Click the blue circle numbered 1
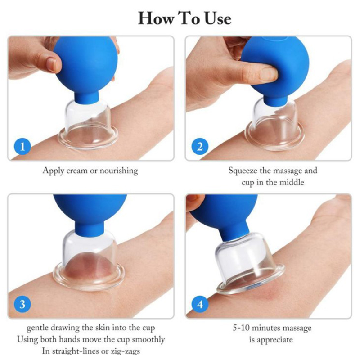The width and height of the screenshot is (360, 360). point(22,146)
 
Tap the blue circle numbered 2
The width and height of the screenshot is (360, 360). point(200,146)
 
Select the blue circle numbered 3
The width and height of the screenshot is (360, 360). point(22,304)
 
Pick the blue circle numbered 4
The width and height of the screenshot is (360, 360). point(200,304)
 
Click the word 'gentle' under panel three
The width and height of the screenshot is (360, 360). point(37,328)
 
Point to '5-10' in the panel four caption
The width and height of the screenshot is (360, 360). point(241,328)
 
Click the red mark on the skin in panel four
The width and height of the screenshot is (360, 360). point(266,293)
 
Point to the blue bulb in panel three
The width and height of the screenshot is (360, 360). point(90,213)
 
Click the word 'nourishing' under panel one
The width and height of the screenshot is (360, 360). point(119,171)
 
